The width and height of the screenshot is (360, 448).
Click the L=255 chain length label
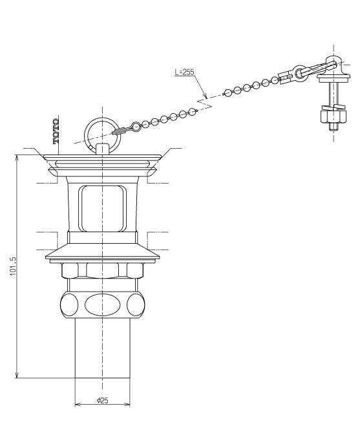tap(184, 72)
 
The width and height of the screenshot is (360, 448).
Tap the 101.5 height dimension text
tap(14, 266)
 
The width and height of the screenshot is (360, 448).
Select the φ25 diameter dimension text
tap(103, 400)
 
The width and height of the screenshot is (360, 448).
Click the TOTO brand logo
tap(56, 131)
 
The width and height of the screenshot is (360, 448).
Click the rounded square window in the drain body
tap(102, 208)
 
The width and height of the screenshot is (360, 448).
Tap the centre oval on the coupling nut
tap(101, 304)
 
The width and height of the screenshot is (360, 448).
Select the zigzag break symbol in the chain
tap(205, 103)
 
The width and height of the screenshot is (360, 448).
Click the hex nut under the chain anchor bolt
tap(334, 116)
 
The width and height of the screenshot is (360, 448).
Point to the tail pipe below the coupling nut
tap(102, 348)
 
